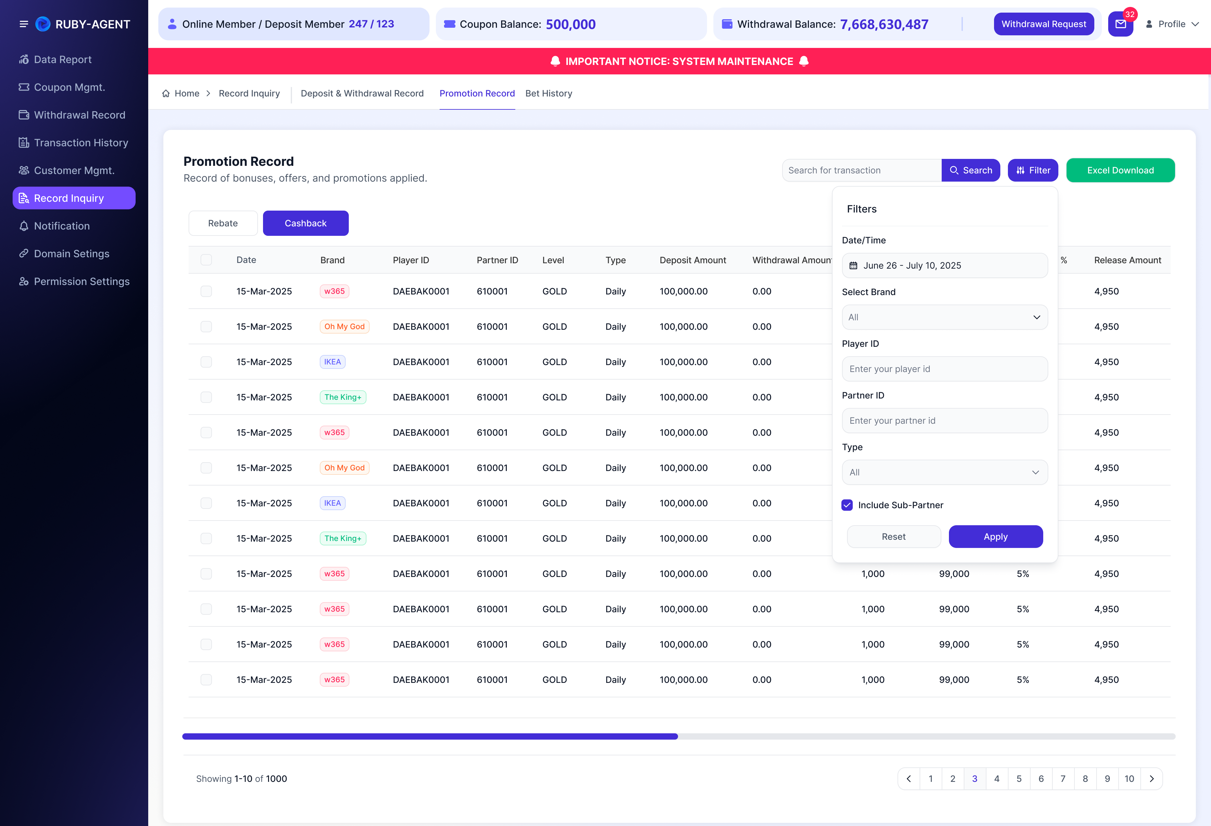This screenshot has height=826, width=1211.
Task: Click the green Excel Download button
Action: (x=1120, y=170)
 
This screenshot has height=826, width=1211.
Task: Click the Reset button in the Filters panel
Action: (x=894, y=537)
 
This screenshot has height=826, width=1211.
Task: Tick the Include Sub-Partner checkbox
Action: (x=847, y=505)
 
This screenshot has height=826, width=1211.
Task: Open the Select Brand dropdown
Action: (x=945, y=317)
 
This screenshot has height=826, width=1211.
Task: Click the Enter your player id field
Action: (x=945, y=369)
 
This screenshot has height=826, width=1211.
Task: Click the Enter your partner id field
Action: (x=945, y=420)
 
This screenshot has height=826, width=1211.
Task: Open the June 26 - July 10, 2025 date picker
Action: (x=945, y=265)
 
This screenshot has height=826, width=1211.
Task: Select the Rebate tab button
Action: (x=223, y=223)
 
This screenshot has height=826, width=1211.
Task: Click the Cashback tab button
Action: (x=305, y=223)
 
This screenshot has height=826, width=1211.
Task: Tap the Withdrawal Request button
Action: (x=1044, y=24)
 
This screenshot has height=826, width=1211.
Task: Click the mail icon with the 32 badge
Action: (x=1120, y=24)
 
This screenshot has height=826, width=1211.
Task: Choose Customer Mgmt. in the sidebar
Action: (x=74, y=170)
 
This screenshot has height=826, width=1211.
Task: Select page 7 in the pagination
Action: (x=1063, y=779)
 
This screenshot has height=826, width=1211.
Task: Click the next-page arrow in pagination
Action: (x=1152, y=779)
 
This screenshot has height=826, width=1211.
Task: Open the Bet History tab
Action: (x=549, y=93)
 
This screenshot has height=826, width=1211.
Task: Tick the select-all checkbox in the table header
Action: (x=206, y=260)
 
